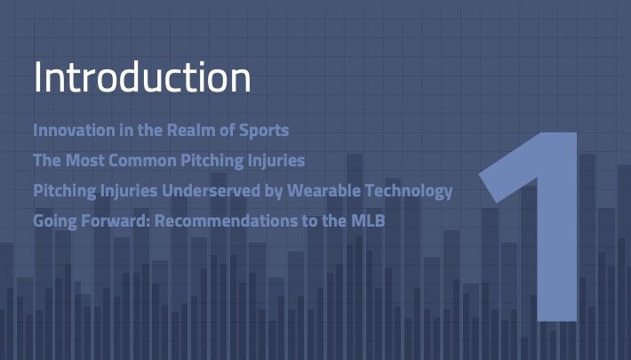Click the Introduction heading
pyautogui.click(x=142, y=77)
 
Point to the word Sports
pyautogui.click(x=264, y=131)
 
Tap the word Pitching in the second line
pyautogui.click(x=212, y=161)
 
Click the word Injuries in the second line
pyautogui.click(x=276, y=161)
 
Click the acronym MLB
pyautogui.click(x=368, y=220)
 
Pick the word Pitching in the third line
pyautogui.click(x=64, y=191)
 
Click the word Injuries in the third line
pyautogui.click(x=129, y=191)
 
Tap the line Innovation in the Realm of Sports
pyautogui.click(x=161, y=131)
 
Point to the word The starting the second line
pyautogui.click(x=47, y=160)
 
